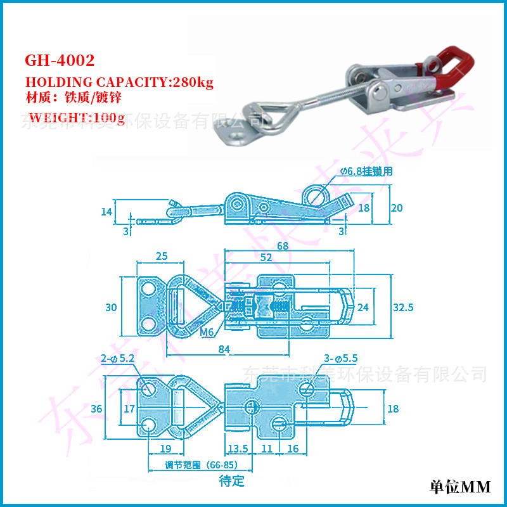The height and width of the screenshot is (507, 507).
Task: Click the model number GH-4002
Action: point(60,61)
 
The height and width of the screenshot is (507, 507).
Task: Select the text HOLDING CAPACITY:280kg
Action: point(119,82)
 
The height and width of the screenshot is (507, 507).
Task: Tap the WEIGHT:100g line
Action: point(77,117)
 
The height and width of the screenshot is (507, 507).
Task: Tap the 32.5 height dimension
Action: point(402,307)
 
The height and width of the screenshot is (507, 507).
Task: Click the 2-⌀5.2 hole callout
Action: point(118,359)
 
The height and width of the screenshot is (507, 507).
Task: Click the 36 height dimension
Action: point(96,409)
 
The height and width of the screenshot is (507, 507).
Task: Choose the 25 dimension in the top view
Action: point(162,256)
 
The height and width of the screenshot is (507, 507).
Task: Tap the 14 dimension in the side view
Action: point(106,211)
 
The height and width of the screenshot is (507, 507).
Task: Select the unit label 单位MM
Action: point(459,487)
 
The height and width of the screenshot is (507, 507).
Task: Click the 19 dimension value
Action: point(165,448)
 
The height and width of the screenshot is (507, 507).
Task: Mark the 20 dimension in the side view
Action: point(397,208)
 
